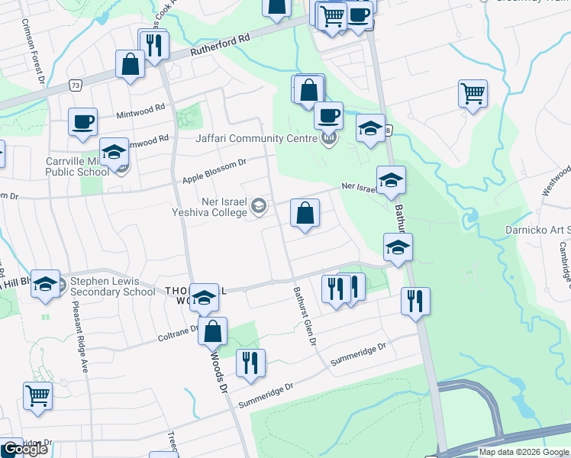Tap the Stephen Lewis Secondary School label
(112, 286)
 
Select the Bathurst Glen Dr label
(305, 315)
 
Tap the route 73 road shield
(74, 86)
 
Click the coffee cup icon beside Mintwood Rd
(82, 121)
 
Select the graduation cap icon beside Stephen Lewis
(45, 284)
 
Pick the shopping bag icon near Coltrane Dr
(214, 331)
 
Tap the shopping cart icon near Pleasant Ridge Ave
(37, 395)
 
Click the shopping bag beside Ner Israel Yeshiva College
(305, 214)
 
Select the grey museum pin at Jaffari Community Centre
(329, 139)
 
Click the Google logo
(25, 449)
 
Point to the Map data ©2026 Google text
(523, 452)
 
